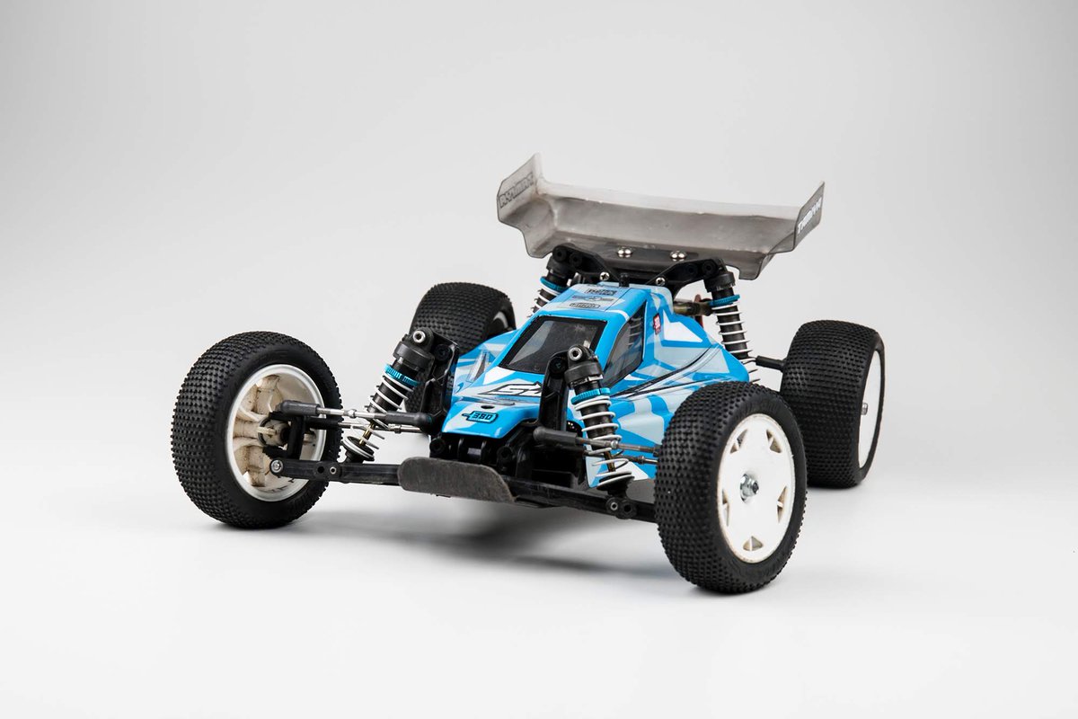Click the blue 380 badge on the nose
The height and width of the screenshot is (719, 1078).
(480, 416)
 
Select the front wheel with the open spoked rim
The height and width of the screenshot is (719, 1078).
(256, 430)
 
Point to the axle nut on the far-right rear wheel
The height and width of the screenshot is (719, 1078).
(866, 408)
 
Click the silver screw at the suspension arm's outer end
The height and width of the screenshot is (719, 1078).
(275, 466)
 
